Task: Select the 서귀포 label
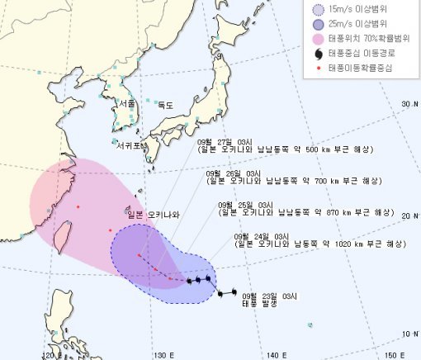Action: point(130,145)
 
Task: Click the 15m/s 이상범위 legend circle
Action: point(317,9)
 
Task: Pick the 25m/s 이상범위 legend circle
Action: point(317,24)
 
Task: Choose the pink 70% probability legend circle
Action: point(317,39)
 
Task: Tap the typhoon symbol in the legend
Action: point(317,54)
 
